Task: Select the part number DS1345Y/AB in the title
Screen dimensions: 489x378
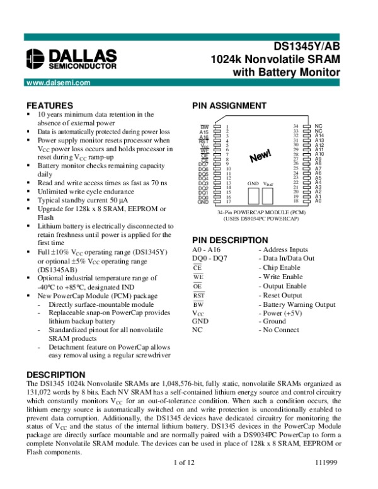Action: coord(307,47)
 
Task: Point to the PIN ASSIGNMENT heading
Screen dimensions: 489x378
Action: coord(229,106)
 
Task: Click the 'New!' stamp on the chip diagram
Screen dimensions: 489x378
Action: coord(260,157)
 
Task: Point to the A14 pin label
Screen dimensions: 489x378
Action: coord(319,135)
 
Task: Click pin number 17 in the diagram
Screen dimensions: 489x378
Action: coord(227,202)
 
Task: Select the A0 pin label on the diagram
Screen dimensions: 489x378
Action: coord(318,201)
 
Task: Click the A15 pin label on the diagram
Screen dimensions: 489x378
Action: coord(203,132)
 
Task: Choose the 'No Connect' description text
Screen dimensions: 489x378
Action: coord(281,330)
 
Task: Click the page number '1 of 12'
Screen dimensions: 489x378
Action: coord(188,481)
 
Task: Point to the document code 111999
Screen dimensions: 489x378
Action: coord(328,481)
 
